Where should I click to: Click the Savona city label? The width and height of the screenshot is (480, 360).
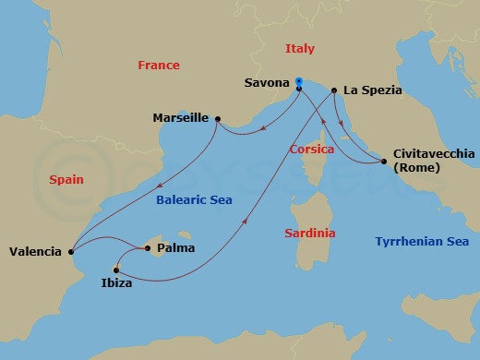[267, 83]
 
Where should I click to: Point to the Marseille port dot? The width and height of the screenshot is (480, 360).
[217, 118]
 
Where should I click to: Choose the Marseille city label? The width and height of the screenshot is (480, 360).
[181, 118]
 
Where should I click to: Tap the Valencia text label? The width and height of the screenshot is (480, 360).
[35, 251]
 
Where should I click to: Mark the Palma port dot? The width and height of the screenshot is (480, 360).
[146, 247]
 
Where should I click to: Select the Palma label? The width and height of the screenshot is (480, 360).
[175, 247]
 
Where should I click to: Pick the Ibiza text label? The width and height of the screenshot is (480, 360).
[116, 284]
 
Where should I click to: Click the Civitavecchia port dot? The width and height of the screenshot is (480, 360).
[384, 162]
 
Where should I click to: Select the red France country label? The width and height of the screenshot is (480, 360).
[158, 66]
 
